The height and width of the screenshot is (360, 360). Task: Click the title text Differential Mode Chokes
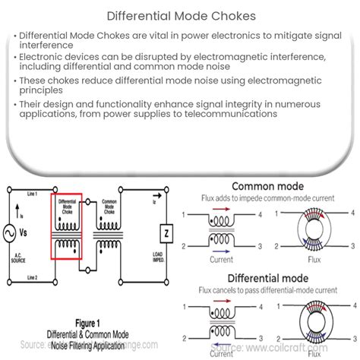(x=179, y=14)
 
